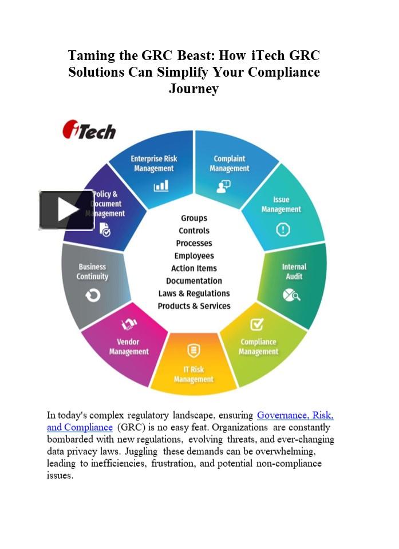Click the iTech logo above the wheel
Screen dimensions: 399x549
point(89,130)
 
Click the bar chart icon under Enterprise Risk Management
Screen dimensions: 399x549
point(161,185)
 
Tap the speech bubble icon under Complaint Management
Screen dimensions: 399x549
point(223,186)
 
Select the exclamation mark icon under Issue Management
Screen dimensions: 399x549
point(283,230)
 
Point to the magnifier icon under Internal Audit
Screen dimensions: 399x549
point(291,295)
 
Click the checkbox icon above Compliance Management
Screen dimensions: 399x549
point(257,325)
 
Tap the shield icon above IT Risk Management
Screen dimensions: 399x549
point(193,351)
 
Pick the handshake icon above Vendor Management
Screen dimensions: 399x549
point(129,324)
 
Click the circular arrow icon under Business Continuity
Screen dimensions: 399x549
point(93,296)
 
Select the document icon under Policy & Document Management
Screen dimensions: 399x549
point(105,230)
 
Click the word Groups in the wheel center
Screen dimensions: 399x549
point(194,218)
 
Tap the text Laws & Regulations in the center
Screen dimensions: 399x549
point(194,293)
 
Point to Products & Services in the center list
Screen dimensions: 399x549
point(194,306)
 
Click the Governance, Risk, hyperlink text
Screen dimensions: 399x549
point(295,415)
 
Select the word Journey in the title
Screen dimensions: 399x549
point(194,88)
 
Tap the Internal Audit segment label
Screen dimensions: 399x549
point(294,272)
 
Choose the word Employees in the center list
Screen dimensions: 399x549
point(194,256)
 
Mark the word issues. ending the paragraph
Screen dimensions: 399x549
point(60,475)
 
